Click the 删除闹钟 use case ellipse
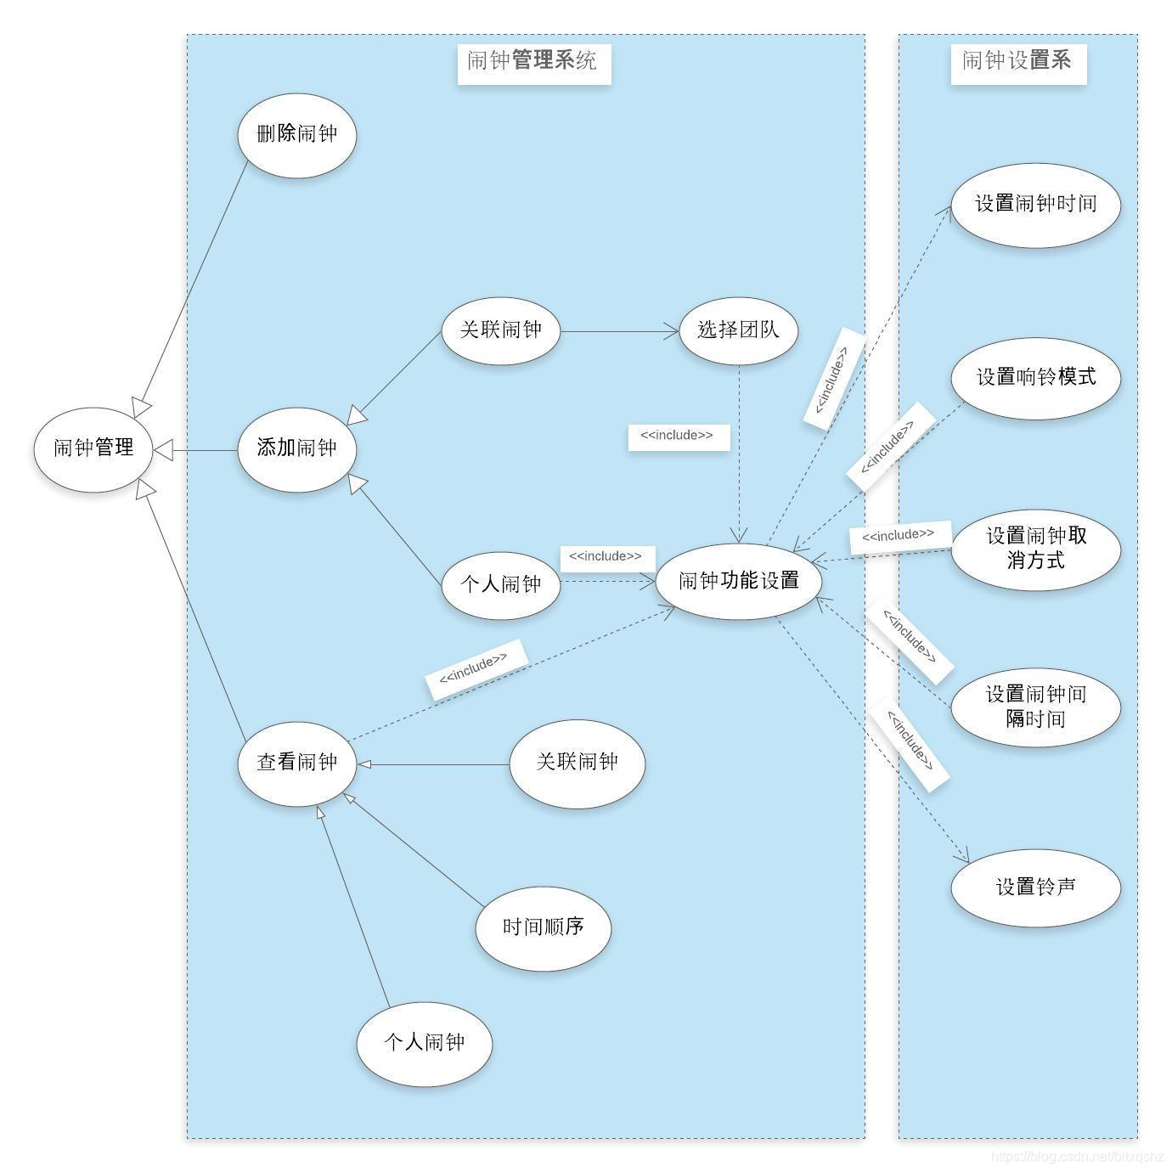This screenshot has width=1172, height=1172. pos(297,135)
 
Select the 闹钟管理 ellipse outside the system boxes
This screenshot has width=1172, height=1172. pos(93,448)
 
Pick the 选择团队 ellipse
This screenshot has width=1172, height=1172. pos(739,330)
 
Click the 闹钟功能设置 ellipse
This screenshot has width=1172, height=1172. pos(739,582)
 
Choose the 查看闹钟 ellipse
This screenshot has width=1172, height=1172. pos(297,763)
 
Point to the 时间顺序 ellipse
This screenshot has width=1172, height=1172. pos(544,927)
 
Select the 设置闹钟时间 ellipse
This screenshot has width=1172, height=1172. pos(1035,205)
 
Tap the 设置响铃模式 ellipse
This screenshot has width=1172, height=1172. pos(1035,377)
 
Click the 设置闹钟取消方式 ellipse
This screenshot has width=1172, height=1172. pos(1035,549)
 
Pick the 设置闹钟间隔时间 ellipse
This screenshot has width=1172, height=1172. pos(1035,707)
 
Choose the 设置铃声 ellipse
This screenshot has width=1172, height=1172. pos(1035,887)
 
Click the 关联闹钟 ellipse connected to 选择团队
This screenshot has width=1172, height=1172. pos(501,330)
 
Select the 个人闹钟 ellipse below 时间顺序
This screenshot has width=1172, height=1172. pos(424,1043)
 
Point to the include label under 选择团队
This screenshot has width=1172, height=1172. pos(678,437)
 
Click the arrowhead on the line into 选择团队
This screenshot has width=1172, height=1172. pos(673,331)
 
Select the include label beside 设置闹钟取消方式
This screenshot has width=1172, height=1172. pos(899,536)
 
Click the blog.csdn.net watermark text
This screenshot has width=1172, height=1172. pos(1077,1157)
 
